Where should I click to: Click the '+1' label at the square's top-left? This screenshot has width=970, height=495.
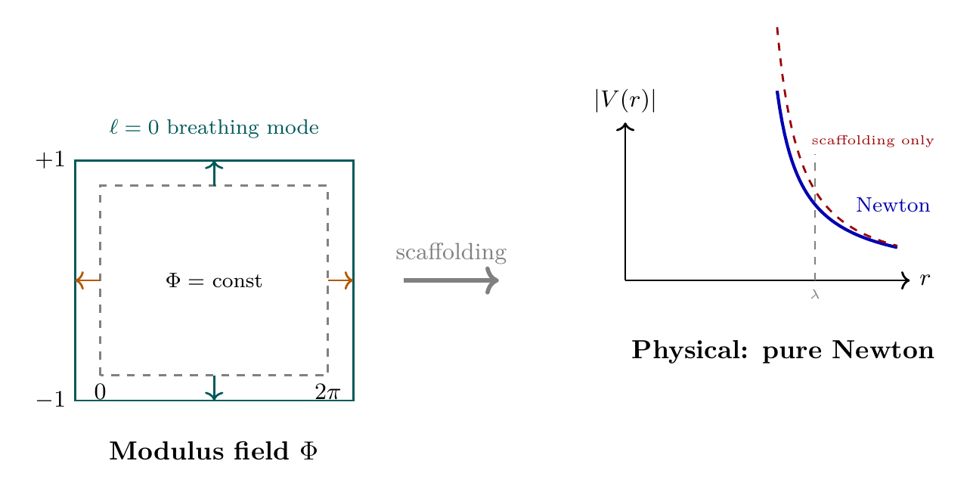tap(50, 160)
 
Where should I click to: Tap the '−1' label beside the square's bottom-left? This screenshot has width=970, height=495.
tap(50, 401)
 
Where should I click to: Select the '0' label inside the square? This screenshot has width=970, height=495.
tap(100, 391)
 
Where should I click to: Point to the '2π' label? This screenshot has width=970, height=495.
tap(328, 391)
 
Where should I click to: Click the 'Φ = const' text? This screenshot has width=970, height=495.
tap(214, 281)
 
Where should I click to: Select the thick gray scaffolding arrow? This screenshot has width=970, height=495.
tap(451, 280)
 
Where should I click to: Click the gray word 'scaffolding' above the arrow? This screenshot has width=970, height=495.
tap(451, 252)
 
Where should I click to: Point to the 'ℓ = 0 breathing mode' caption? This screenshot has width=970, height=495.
tap(214, 128)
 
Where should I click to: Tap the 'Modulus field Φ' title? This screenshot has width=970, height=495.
tap(214, 451)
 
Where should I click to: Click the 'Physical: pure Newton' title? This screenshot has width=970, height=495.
tap(783, 351)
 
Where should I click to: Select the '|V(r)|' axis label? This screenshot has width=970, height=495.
tap(624, 100)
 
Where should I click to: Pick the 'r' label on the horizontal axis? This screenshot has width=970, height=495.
tap(924, 280)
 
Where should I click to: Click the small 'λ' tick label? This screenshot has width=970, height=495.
tap(815, 294)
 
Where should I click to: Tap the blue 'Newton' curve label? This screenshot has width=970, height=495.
tap(892, 206)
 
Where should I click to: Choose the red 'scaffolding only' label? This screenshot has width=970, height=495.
tap(872, 141)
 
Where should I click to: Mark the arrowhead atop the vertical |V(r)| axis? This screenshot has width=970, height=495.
tap(625, 126)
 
